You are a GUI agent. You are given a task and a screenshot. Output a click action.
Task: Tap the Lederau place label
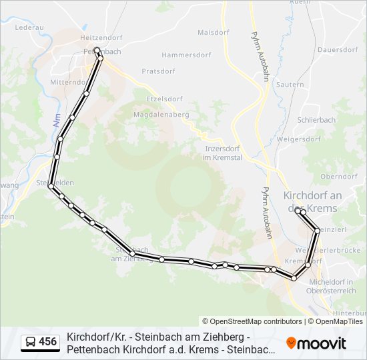click(29, 28)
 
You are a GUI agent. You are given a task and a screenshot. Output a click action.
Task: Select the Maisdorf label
click(214, 32)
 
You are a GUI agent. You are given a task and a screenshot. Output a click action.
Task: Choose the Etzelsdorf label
click(163, 99)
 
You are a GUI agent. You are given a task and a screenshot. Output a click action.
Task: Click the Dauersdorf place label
click(338, 50)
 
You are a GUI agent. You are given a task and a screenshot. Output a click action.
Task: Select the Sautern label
click(290, 85)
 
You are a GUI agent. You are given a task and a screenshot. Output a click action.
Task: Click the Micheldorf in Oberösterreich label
click(331, 286)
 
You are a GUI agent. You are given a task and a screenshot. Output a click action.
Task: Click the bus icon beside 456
click(30, 343)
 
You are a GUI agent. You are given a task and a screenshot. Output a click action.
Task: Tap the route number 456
click(48, 343)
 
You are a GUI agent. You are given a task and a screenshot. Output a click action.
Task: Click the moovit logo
click(316, 343)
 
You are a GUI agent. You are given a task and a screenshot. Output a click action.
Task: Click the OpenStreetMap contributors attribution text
click(252, 321)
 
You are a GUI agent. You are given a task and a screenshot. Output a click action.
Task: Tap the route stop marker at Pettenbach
click(97, 51)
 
